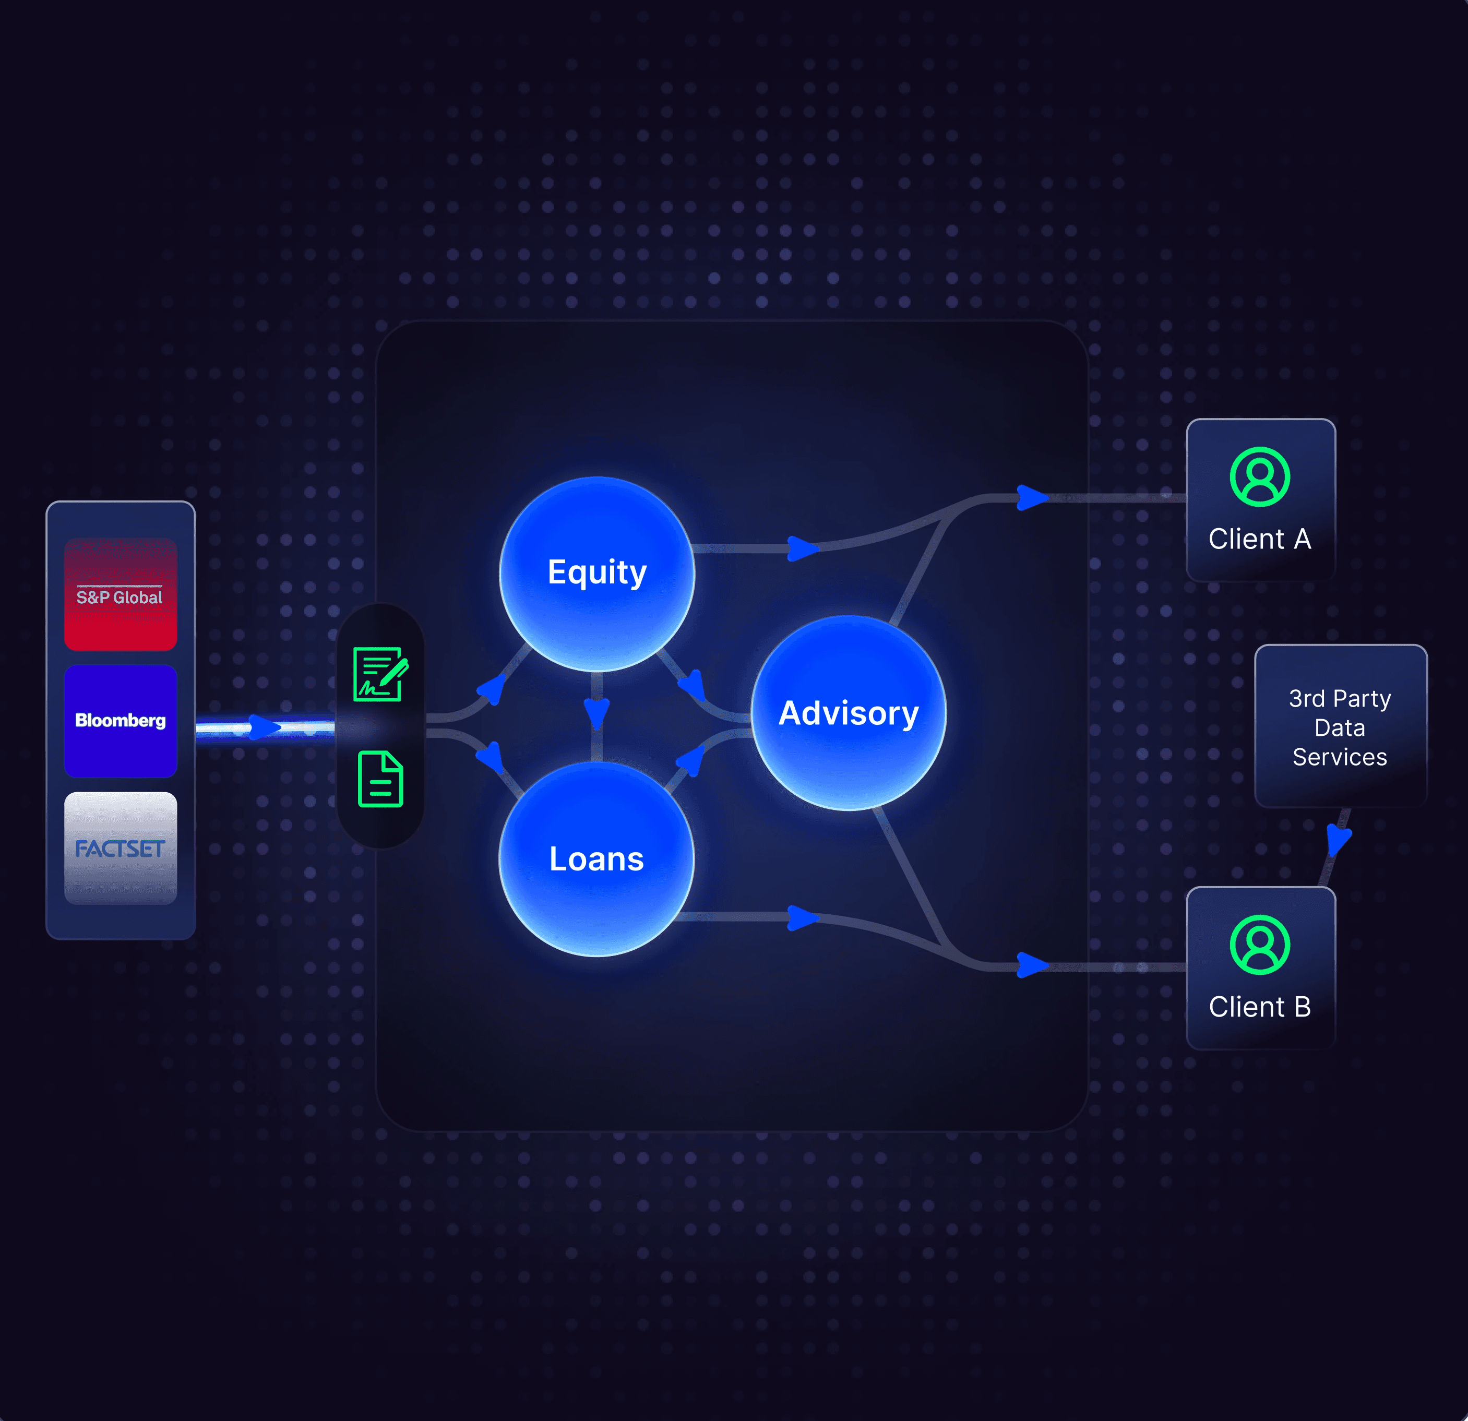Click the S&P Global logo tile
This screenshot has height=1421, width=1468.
pos(121,594)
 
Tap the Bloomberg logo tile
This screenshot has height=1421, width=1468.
pos(121,721)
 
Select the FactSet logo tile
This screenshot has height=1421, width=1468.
pos(121,848)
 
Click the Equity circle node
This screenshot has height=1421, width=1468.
pos(597,573)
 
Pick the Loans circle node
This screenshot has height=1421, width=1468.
pos(597,858)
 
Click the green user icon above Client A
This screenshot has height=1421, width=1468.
pos(1260,477)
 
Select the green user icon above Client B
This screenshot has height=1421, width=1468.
pos(1260,945)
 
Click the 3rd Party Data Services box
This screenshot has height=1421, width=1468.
pos(1340,726)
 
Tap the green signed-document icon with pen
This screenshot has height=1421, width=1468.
pos(380,674)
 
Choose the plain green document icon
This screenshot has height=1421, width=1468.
pos(380,779)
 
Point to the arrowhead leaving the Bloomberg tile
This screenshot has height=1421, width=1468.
pos(264,726)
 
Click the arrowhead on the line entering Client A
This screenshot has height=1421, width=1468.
pos(1031,497)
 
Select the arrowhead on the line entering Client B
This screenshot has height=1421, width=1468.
pos(1031,965)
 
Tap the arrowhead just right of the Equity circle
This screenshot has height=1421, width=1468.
pos(802,548)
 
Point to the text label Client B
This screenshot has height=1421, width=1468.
pos(1260,1007)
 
